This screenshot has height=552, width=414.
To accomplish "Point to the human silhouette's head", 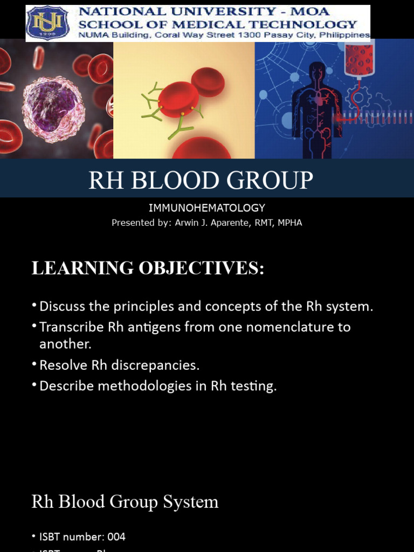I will coord(318,71).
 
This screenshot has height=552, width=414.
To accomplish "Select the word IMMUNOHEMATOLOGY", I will coord(207,208).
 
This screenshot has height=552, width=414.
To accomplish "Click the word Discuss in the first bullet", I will coord(59,307).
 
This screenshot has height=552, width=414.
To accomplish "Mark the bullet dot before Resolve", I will coord(34,365).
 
